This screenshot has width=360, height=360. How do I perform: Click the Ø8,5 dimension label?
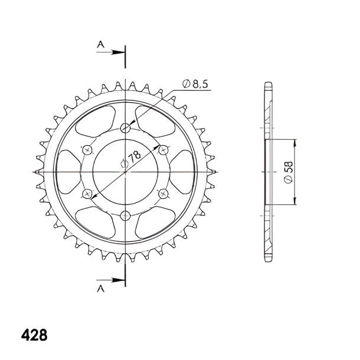pos(195,84)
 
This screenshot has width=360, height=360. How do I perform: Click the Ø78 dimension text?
pos(130,159)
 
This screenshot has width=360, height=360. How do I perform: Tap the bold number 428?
pos(34,335)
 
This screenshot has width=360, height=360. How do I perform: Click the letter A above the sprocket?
pos(100,44)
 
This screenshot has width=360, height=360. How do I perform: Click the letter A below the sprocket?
pos(100,289)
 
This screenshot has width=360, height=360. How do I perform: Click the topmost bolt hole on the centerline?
pos(125,127)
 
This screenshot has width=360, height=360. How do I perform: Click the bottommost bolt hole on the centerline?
pos(125,215)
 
